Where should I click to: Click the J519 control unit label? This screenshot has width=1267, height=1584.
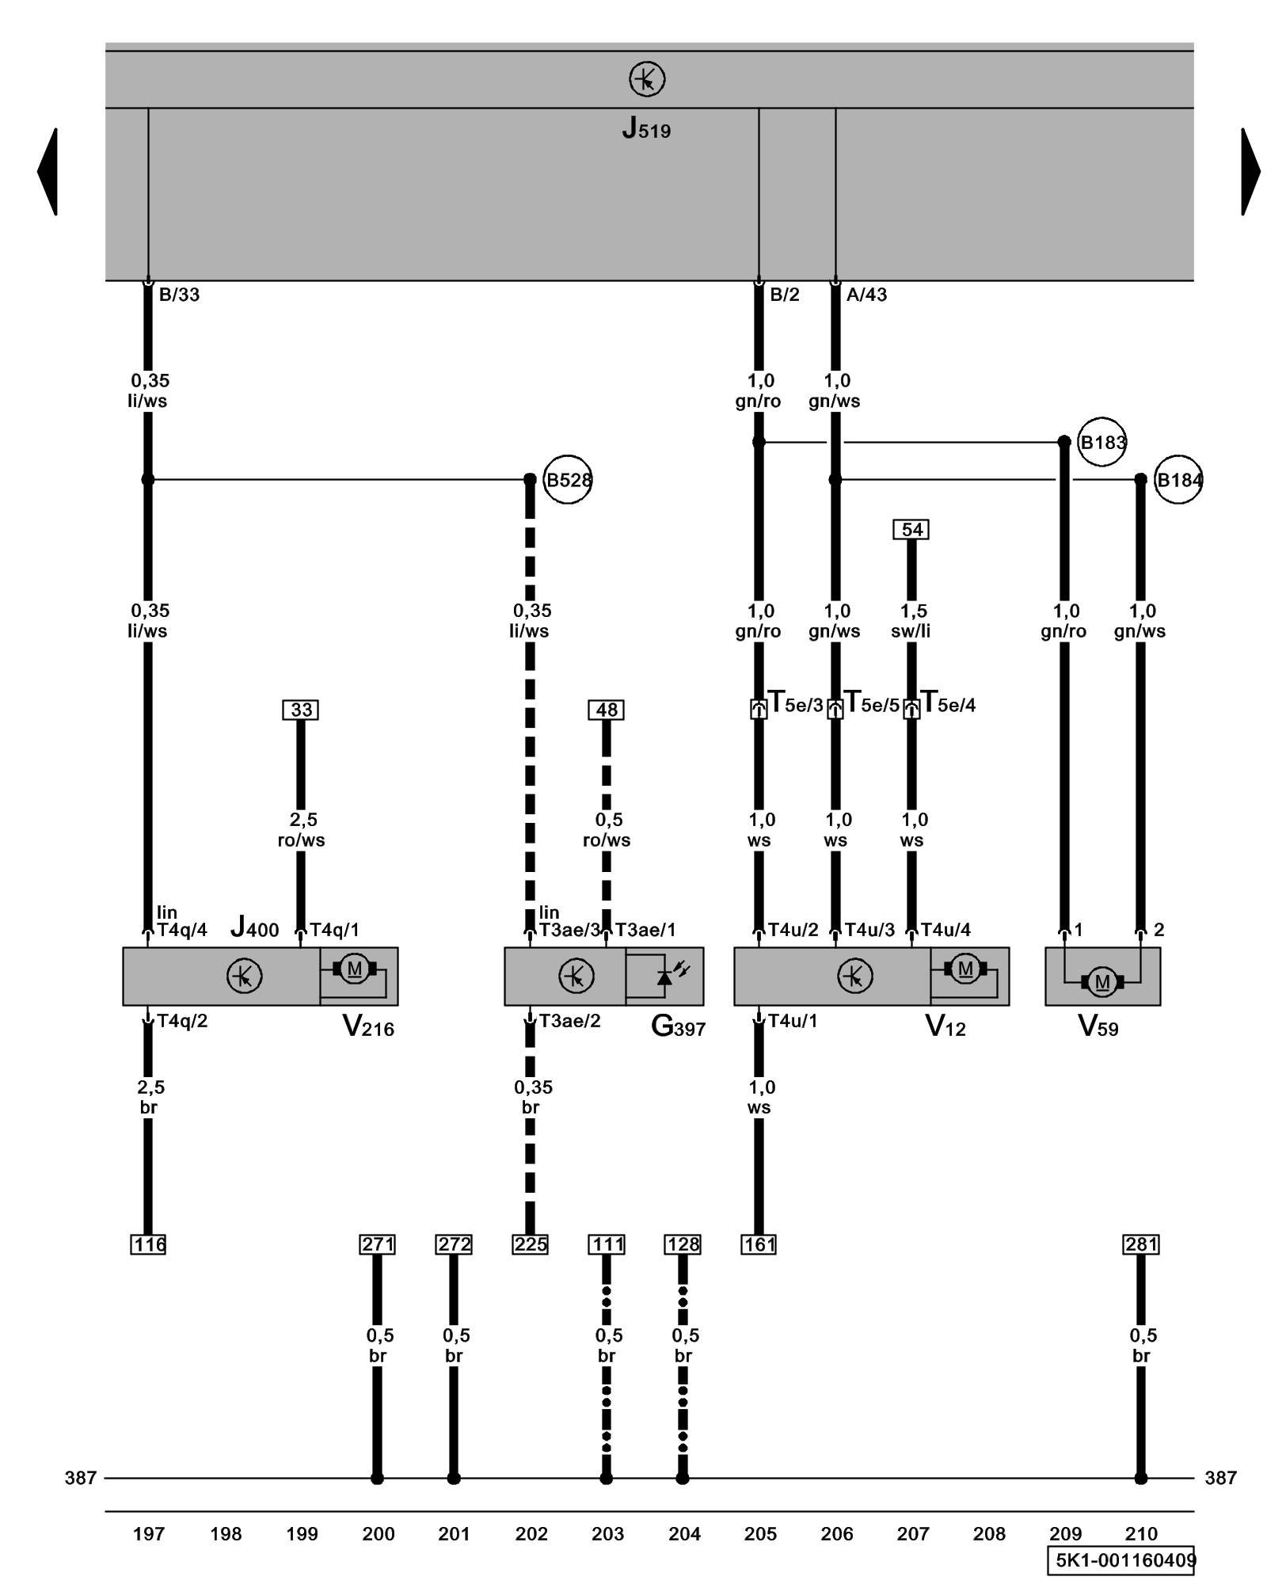coord(646,128)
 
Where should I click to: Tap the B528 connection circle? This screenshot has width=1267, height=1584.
coord(568,480)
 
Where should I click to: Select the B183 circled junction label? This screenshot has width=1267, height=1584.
coord(1102,442)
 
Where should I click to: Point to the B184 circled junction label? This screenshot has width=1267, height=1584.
coord(1178,480)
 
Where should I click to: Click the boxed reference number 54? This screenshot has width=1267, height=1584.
coord(911,530)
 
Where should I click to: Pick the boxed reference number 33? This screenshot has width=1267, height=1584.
coord(301,710)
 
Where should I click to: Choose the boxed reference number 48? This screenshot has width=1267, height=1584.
coord(606,710)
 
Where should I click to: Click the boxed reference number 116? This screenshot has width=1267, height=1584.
coord(148,1244)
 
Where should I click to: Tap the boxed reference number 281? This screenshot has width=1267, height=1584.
coord(1140,1244)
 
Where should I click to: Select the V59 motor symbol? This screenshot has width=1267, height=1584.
coord(1101,982)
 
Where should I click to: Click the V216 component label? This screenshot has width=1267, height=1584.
coord(368,1027)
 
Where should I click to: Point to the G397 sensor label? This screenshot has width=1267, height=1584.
coord(678,1027)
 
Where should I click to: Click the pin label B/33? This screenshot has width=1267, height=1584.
coord(179,295)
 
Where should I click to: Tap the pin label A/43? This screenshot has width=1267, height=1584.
coord(866,295)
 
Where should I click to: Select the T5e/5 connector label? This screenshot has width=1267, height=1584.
coord(872,703)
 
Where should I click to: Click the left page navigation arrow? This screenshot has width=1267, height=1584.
coord(48,171)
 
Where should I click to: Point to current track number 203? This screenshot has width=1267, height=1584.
coord(607,1534)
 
